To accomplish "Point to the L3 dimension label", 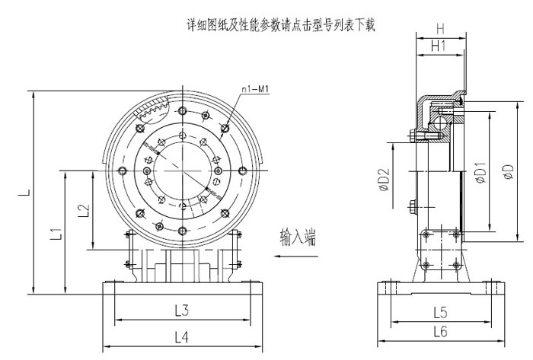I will [x=180, y=311].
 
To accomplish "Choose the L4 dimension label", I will [x=180, y=335].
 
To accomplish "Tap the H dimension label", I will [x=440, y=28].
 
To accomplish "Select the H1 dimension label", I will [x=439, y=46].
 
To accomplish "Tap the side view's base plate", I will [x=441, y=290].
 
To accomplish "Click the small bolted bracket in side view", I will [x=441, y=250].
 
